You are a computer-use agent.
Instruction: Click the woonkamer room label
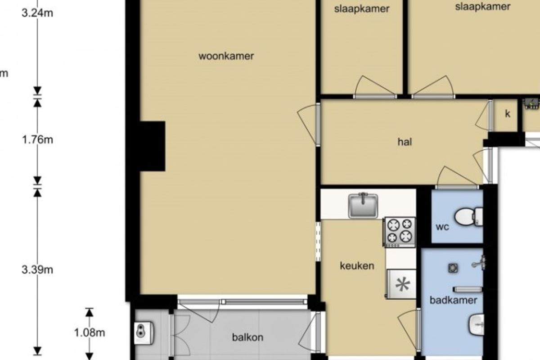(226, 56)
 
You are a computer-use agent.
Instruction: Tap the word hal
(405, 142)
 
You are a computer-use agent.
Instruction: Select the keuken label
(357, 265)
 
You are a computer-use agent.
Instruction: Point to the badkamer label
(454, 300)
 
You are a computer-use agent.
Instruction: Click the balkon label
(247, 337)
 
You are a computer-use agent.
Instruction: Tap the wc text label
(442, 227)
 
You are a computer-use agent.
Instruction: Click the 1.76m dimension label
(38, 139)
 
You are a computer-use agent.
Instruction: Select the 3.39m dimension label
(38, 270)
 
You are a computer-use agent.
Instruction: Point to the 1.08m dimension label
(90, 333)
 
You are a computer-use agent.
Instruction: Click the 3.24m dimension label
(38, 13)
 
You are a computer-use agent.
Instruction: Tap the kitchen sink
(363, 206)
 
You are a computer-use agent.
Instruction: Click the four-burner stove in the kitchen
(399, 232)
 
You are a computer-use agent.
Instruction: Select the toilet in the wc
(469, 216)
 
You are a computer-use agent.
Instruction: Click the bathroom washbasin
(477, 324)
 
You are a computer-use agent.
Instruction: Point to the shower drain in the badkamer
(453, 268)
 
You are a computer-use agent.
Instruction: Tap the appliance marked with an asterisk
(401, 284)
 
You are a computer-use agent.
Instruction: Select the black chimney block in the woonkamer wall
(153, 146)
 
